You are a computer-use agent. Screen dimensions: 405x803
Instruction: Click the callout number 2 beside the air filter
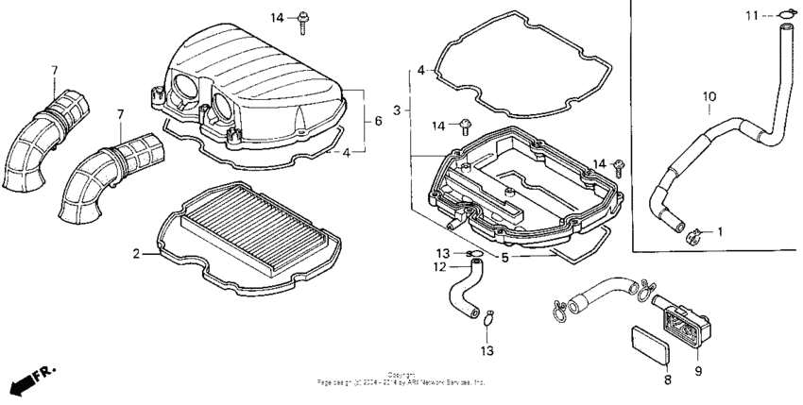tap(136, 254)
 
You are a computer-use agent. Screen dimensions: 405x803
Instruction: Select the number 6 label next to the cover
tap(379, 121)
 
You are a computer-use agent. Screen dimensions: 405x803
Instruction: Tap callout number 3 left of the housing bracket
tap(398, 110)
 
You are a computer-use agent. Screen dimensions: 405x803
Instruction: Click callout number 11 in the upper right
tap(751, 15)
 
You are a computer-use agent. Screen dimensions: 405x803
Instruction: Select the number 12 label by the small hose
tap(440, 267)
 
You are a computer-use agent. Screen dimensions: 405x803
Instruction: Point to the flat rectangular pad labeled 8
tap(649, 343)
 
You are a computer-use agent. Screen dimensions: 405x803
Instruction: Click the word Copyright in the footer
tap(401, 375)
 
